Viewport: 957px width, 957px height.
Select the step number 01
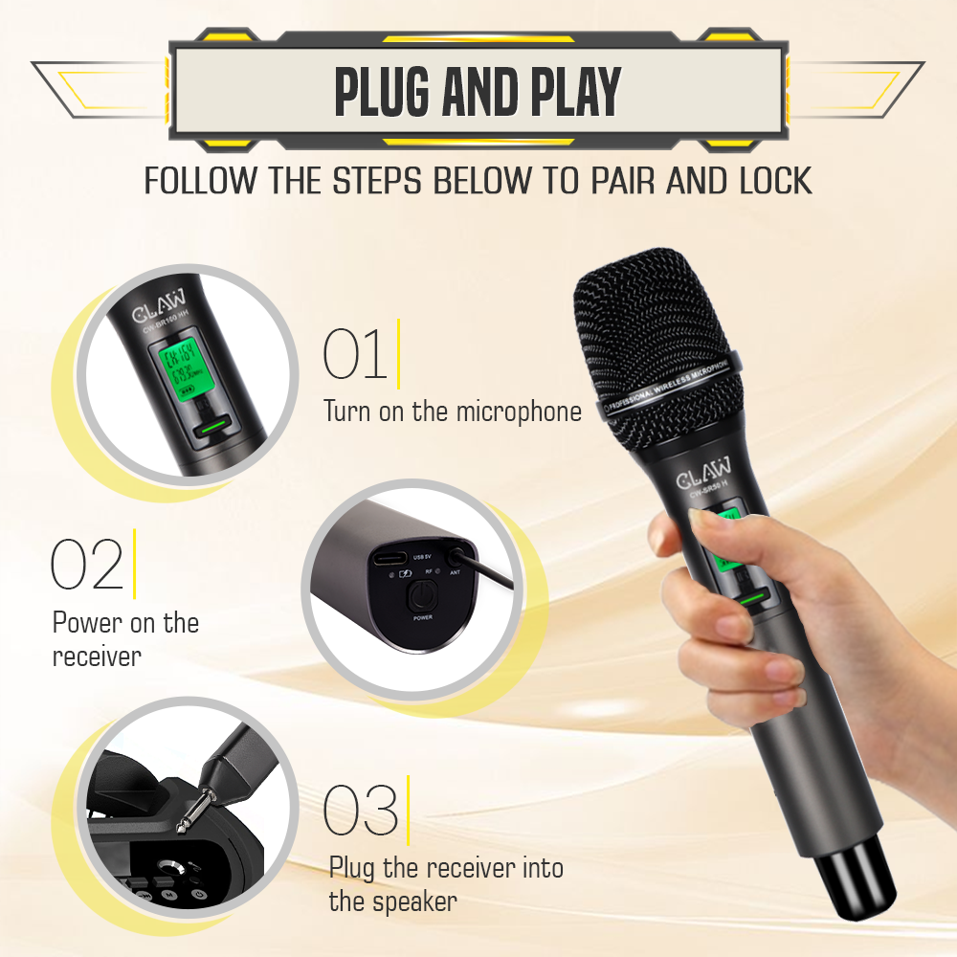[x=355, y=354]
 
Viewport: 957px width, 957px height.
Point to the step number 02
[x=86, y=565]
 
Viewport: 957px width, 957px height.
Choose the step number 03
[x=360, y=812]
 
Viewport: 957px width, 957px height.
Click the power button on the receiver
[x=422, y=598]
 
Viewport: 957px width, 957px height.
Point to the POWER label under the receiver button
[x=422, y=619]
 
